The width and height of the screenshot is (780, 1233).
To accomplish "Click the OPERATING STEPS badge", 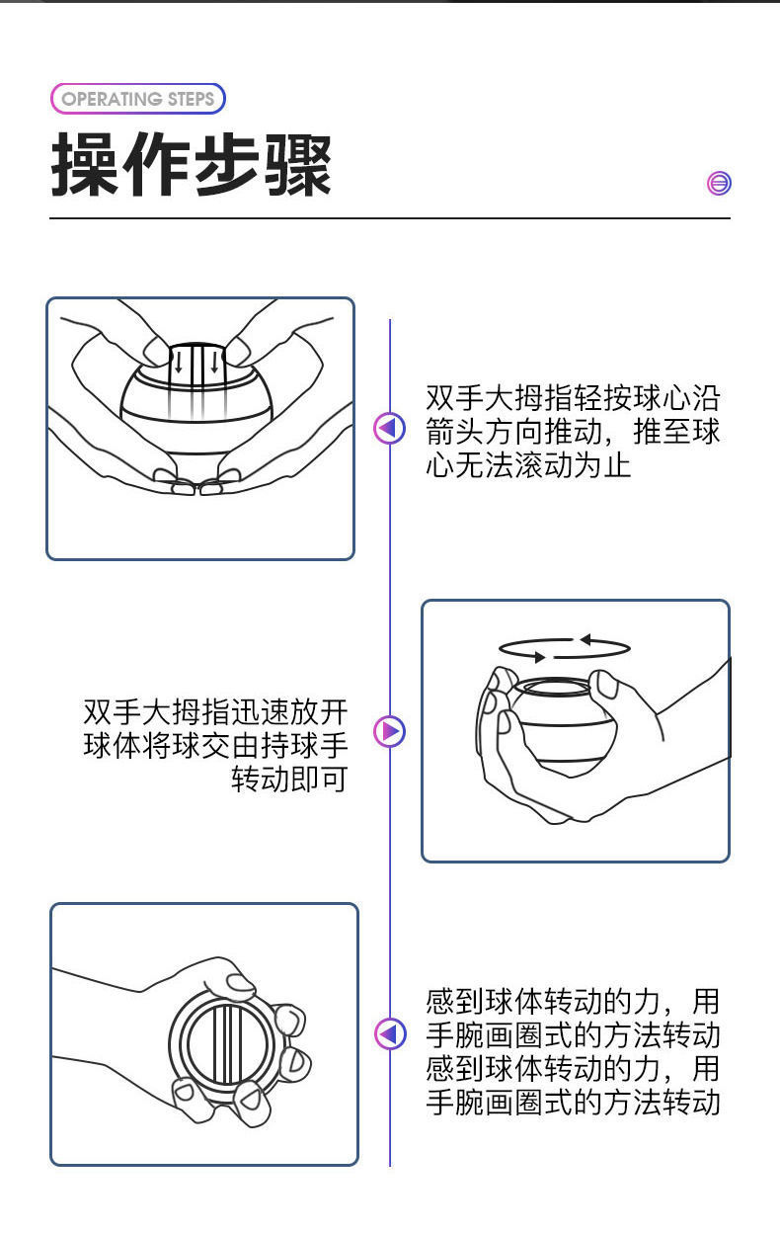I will pos(137,99).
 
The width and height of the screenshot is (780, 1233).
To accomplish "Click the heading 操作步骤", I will pos(192,165).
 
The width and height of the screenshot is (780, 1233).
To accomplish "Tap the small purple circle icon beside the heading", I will pos(720,183).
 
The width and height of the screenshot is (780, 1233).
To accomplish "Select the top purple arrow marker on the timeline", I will pos(390,429).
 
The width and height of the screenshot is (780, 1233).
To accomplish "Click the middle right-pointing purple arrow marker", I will pos(390,732).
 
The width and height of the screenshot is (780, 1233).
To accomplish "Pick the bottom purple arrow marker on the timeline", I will pos(390,1034).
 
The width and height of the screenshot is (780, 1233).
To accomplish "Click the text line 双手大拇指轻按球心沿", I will pos(573,398).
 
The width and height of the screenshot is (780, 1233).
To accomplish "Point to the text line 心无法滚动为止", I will pos(528,464).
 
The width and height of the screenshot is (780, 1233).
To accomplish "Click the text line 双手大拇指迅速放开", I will pos(215,711).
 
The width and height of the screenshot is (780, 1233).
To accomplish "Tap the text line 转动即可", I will pos(289,779).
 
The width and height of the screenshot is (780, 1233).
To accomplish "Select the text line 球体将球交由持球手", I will pos(215,745).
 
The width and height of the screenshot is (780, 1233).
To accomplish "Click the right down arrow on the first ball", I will pos(214,364).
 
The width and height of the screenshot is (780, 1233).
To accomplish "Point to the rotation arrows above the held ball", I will pos(564,648).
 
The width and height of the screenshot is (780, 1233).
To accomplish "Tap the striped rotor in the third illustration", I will pos(225,1043).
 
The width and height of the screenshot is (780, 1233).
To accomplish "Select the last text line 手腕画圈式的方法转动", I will pos(573,1102).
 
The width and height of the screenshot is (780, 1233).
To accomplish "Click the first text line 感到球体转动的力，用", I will pos(573,1002).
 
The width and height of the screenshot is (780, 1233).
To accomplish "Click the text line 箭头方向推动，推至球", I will pos(573,432).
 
